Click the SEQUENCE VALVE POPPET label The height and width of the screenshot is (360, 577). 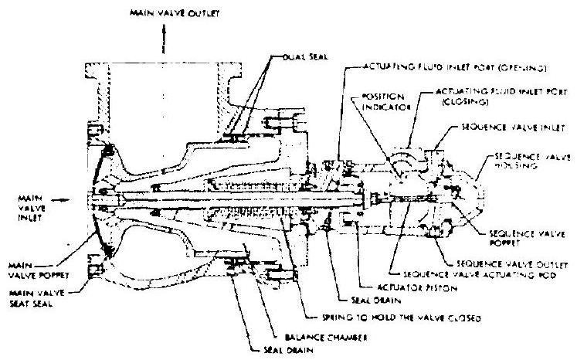click(514, 236)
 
